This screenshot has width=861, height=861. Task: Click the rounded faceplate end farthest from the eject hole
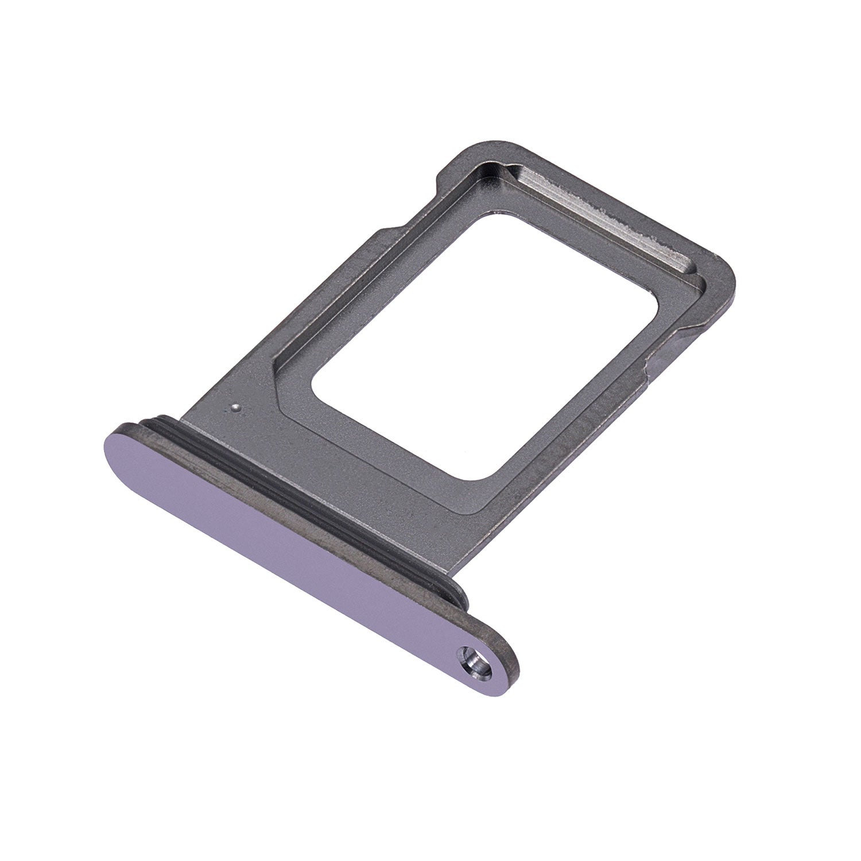tap(123, 445)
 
